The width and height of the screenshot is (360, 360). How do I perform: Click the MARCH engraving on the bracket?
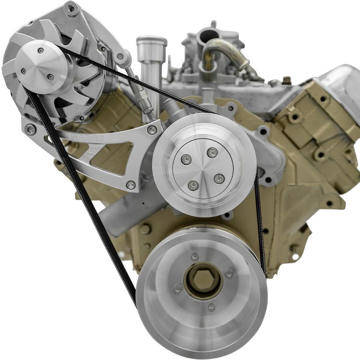(x=87, y=138)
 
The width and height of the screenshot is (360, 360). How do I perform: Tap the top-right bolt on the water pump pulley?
(x=212, y=153)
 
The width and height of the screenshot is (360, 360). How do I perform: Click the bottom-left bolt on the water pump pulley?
(x=193, y=185)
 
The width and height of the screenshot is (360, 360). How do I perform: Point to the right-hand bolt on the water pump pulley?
(x=219, y=179)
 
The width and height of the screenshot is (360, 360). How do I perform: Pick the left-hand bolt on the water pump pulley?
(x=186, y=160)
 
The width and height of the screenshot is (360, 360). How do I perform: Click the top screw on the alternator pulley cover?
(x=41, y=50)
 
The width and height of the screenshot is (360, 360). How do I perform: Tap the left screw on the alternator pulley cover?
(x=24, y=71)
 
